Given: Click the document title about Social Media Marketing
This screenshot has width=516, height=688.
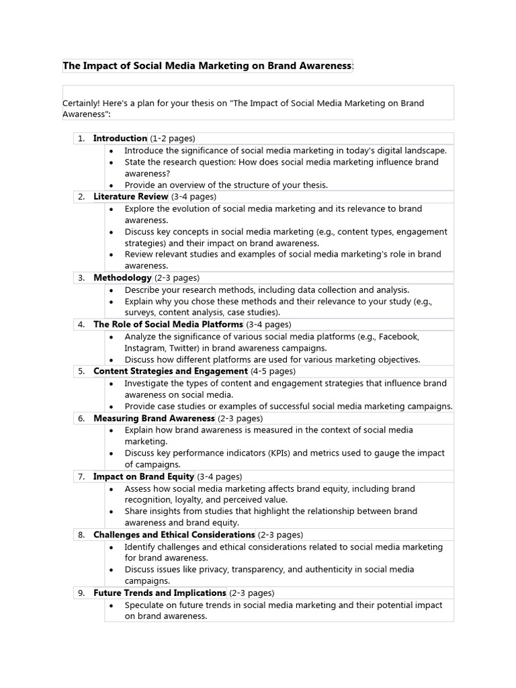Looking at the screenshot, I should (207, 66).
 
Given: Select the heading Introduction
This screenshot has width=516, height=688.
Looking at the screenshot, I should (120, 138).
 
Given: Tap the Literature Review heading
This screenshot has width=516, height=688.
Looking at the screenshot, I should (130, 197).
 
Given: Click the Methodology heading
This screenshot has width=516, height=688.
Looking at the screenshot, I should (122, 277).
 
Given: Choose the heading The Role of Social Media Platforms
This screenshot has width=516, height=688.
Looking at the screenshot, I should (168, 325).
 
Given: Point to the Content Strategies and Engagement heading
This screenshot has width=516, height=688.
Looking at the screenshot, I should (171, 371).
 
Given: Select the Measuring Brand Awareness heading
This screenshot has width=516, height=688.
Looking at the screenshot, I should (154, 418).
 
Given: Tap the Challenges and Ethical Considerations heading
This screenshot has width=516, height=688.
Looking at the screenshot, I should (174, 535).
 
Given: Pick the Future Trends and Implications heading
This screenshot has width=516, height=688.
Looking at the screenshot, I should (160, 593).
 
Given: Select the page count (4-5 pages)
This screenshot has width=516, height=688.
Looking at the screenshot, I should (273, 371).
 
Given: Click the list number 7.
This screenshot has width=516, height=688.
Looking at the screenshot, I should (81, 476).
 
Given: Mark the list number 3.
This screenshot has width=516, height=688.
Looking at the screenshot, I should (81, 277).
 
